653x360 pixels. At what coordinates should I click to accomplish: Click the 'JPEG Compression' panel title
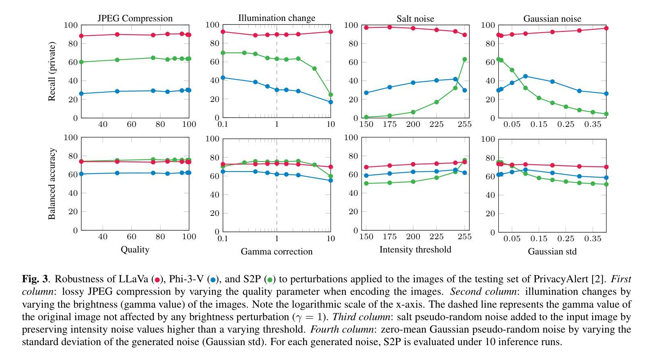(135, 19)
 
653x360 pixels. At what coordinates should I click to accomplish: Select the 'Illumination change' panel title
(277, 18)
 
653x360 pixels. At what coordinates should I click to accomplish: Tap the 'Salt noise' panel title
(415, 19)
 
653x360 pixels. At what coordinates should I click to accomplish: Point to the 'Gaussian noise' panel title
(552, 19)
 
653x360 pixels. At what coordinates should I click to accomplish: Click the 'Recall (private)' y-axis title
(52, 71)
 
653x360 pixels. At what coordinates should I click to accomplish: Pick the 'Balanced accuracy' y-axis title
(52, 184)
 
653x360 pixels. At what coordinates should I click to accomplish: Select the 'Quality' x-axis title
(135, 250)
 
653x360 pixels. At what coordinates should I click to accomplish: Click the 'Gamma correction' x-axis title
(277, 252)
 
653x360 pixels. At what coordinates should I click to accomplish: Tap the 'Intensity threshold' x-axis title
(415, 250)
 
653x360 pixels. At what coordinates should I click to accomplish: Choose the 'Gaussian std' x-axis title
(552, 252)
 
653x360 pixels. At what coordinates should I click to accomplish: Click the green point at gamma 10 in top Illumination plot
(331, 95)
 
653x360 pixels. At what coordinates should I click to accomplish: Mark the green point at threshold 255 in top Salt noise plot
(465, 60)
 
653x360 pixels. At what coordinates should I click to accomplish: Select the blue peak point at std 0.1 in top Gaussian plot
(525, 76)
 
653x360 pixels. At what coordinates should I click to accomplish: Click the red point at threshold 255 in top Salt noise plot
(465, 35)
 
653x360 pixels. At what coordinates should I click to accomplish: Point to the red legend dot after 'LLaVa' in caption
(157, 280)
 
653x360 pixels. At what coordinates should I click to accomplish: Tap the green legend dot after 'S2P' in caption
(270, 280)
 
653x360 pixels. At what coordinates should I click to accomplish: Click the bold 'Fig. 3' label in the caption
(35, 279)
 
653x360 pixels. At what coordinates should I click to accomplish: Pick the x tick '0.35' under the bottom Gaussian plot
(593, 239)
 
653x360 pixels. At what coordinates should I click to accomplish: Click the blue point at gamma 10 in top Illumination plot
(331, 102)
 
